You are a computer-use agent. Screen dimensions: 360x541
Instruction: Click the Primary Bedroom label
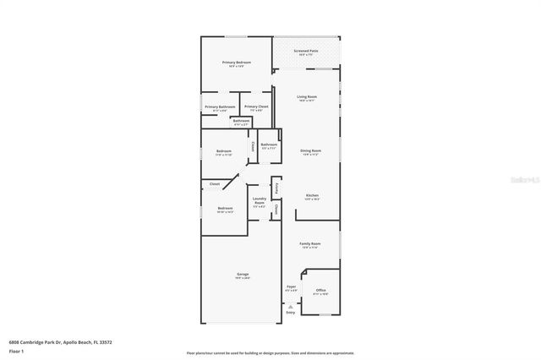(x=237, y=63)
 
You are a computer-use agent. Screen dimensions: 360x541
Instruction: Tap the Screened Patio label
(x=306, y=52)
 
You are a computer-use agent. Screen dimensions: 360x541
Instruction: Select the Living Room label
(x=306, y=97)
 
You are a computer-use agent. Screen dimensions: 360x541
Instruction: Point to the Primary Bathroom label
(x=220, y=107)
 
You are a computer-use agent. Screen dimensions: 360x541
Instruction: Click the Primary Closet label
(x=256, y=107)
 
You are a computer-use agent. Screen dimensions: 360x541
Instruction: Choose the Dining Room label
(x=310, y=151)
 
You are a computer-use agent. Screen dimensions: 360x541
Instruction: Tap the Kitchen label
(x=312, y=195)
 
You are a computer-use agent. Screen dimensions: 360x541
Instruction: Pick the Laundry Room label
(x=260, y=199)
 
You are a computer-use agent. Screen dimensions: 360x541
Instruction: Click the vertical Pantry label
(x=276, y=187)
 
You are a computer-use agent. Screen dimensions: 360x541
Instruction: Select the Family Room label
(x=310, y=244)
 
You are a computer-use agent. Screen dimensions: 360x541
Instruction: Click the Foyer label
(x=291, y=287)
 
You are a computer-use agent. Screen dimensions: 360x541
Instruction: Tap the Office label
(x=320, y=291)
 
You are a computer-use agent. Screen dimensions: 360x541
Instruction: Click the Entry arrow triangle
(x=290, y=306)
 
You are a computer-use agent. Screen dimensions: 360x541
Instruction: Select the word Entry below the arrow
(x=290, y=313)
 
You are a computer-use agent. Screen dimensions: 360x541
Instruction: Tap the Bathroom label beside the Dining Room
(x=269, y=145)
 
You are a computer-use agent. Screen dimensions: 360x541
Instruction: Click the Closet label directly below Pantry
(x=276, y=210)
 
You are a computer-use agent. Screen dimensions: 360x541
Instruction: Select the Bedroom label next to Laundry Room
(x=224, y=209)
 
